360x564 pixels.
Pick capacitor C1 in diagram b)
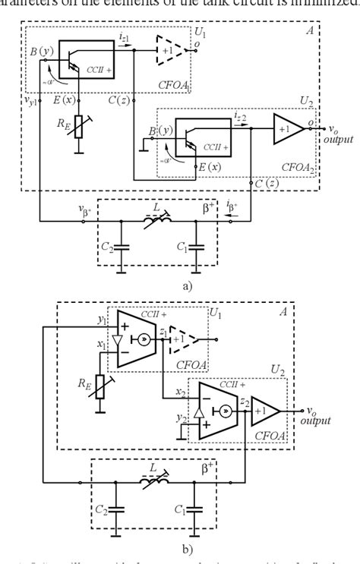(196, 508)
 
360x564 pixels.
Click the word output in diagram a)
(337, 140)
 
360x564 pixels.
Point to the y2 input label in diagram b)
(180, 418)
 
